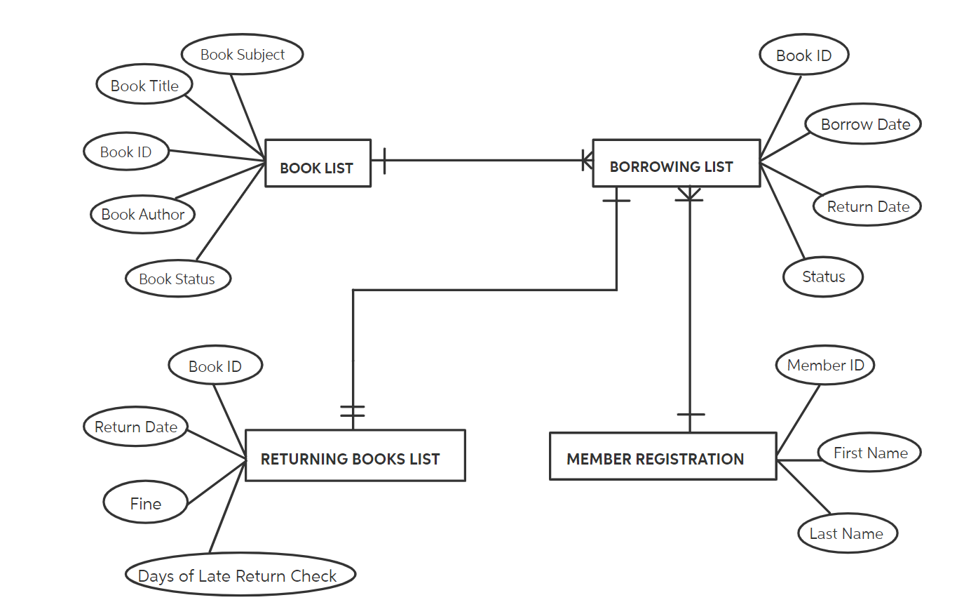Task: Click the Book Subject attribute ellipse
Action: pyautogui.click(x=242, y=54)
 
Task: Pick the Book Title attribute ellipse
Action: pyautogui.click(x=144, y=85)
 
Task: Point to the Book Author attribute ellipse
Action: pyautogui.click(x=142, y=214)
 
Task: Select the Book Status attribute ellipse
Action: pyautogui.click(x=178, y=279)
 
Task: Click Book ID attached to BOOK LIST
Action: pyautogui.click(x=126, y=152)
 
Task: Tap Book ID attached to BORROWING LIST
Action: pyautogui.click(x=803, y=55)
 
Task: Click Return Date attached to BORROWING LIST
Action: pyautogui.click(x=867, y=206)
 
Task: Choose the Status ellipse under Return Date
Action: pyautogui.click(x=822, y=276)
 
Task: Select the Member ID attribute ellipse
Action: pyautogui.click(x=825, y=365)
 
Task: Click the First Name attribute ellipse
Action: pyautogui.click(x=869, y=453)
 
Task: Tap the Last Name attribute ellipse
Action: pyautogui.click(x=847, y=533)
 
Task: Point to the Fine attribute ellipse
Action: pyautogui.click(x=145, y=502)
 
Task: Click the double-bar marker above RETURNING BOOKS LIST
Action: pyautogui.click(x=353, y=411)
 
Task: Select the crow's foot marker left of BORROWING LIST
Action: pyautogui.click(x=587, y=161)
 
